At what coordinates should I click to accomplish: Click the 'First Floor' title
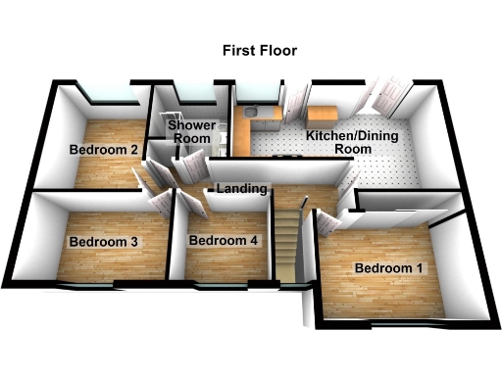point(259,50)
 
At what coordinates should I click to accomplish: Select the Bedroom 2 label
point(103,150)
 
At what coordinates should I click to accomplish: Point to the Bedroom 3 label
point(102,241)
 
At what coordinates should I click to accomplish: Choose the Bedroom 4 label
point(224,241)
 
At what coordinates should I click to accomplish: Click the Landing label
point(241,188)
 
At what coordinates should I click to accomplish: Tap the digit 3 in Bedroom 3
point(132,241)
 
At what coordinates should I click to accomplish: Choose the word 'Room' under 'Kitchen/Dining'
point(354,150)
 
